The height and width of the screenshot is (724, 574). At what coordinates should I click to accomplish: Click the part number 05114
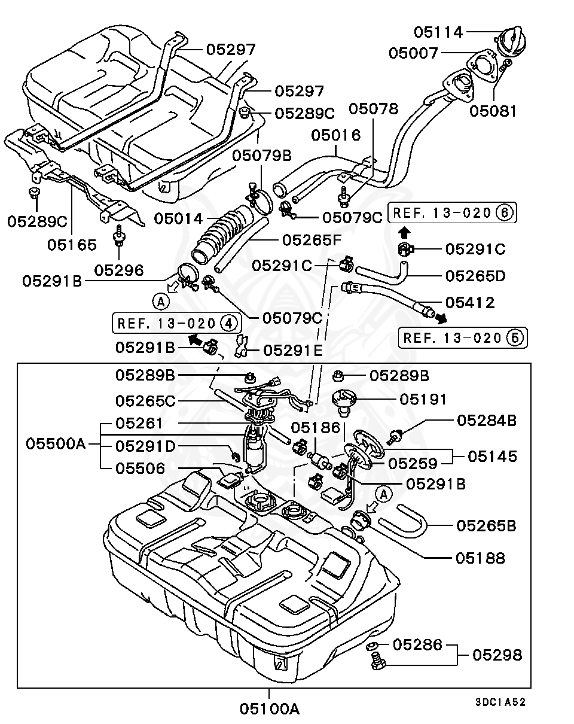[439, 32]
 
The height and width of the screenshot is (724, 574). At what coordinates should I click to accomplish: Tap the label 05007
[414, 53]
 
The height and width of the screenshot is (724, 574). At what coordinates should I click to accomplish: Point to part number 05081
[493, 111]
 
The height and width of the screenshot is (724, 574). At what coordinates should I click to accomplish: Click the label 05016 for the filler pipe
[335, 135]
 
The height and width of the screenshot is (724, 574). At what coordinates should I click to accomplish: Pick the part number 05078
[374, 109]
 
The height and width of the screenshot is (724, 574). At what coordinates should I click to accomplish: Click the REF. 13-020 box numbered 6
[453, 212]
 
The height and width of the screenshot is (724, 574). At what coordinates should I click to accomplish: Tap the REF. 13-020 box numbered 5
[462, 337]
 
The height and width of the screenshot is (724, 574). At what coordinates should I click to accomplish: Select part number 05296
[119, 270]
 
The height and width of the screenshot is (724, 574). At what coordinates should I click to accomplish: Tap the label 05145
[492, 457]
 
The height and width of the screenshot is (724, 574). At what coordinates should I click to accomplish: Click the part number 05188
[480, 558]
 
